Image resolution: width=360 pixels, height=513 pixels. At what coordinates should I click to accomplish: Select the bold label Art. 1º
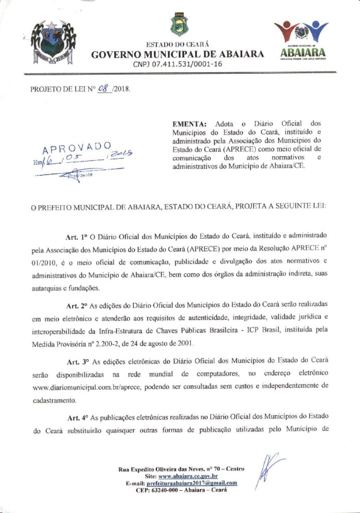(77, 235)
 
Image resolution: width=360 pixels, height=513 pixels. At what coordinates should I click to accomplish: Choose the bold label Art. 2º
(77, 306)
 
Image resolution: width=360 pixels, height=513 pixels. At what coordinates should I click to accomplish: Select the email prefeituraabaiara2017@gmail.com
(191, 483)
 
